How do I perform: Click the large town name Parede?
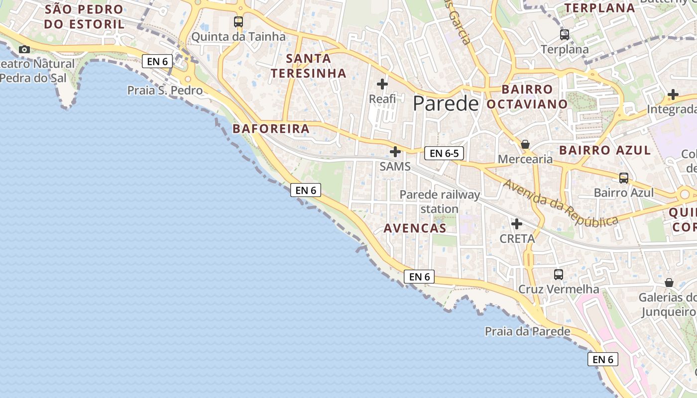coord(446,103)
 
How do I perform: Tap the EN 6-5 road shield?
coord(444,153)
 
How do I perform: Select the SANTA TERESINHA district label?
coord(308,66)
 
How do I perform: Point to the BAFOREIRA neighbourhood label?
coord(271,129)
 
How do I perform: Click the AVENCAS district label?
coord(415,228)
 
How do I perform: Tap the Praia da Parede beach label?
coord(527,331)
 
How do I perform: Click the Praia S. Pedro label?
coord(165,91)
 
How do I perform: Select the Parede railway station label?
coord(440,201)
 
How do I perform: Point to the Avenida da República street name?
coord(560,202)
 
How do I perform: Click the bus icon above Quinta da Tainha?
coord(238,22)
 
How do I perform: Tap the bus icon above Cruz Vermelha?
coord(559,274)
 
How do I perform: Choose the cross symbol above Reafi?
coord(382,84)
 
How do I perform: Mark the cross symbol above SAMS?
coord(395,151)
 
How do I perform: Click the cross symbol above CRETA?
coord(517,224)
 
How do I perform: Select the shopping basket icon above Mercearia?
coord(525,144)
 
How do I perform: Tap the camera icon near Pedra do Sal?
coord(24,49)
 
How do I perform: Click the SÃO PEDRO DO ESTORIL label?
coord(84,16)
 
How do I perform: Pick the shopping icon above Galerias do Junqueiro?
coord(669,283)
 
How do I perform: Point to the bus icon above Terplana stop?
coord(564,35)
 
